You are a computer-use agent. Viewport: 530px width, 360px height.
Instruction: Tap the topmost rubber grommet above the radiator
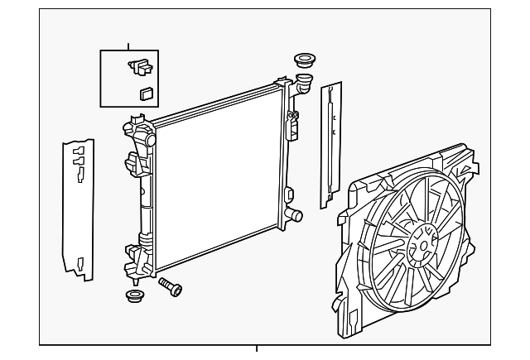(303, 60)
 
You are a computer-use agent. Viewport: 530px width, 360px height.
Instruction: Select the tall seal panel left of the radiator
(79, 209)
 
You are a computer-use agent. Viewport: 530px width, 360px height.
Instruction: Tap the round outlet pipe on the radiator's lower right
(294, 217)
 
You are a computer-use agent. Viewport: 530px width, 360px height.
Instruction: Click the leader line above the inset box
(129, 46)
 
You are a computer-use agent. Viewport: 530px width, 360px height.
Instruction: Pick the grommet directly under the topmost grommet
(303, 81)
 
